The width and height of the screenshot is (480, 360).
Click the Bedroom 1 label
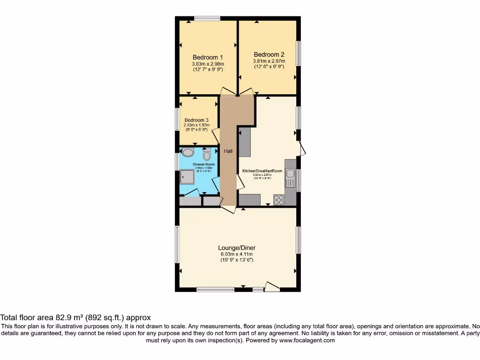click(208, 58)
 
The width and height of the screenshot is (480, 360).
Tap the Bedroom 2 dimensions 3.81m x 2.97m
click(269, 61)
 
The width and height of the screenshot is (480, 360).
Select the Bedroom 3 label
click(196, 120)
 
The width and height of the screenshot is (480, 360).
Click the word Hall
click(228, 151)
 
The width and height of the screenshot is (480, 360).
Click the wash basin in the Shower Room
click(187, 152)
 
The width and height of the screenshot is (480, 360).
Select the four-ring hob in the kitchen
click(279, 200)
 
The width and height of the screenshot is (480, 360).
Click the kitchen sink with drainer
click(290, 178)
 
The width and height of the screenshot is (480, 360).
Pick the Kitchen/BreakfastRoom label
click(262, 171)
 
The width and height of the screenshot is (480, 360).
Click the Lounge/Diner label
click(237, 248)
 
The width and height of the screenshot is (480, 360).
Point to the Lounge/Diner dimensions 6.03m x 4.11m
click(237, 254)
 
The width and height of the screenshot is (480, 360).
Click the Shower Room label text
click(203, 165)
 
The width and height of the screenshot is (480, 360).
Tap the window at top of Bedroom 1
click(207, 19)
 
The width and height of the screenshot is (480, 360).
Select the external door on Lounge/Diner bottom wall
click(272, 286)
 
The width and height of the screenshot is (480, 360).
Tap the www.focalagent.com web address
click(307, 340)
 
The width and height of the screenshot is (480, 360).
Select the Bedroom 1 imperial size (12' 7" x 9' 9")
click(208, 69)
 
